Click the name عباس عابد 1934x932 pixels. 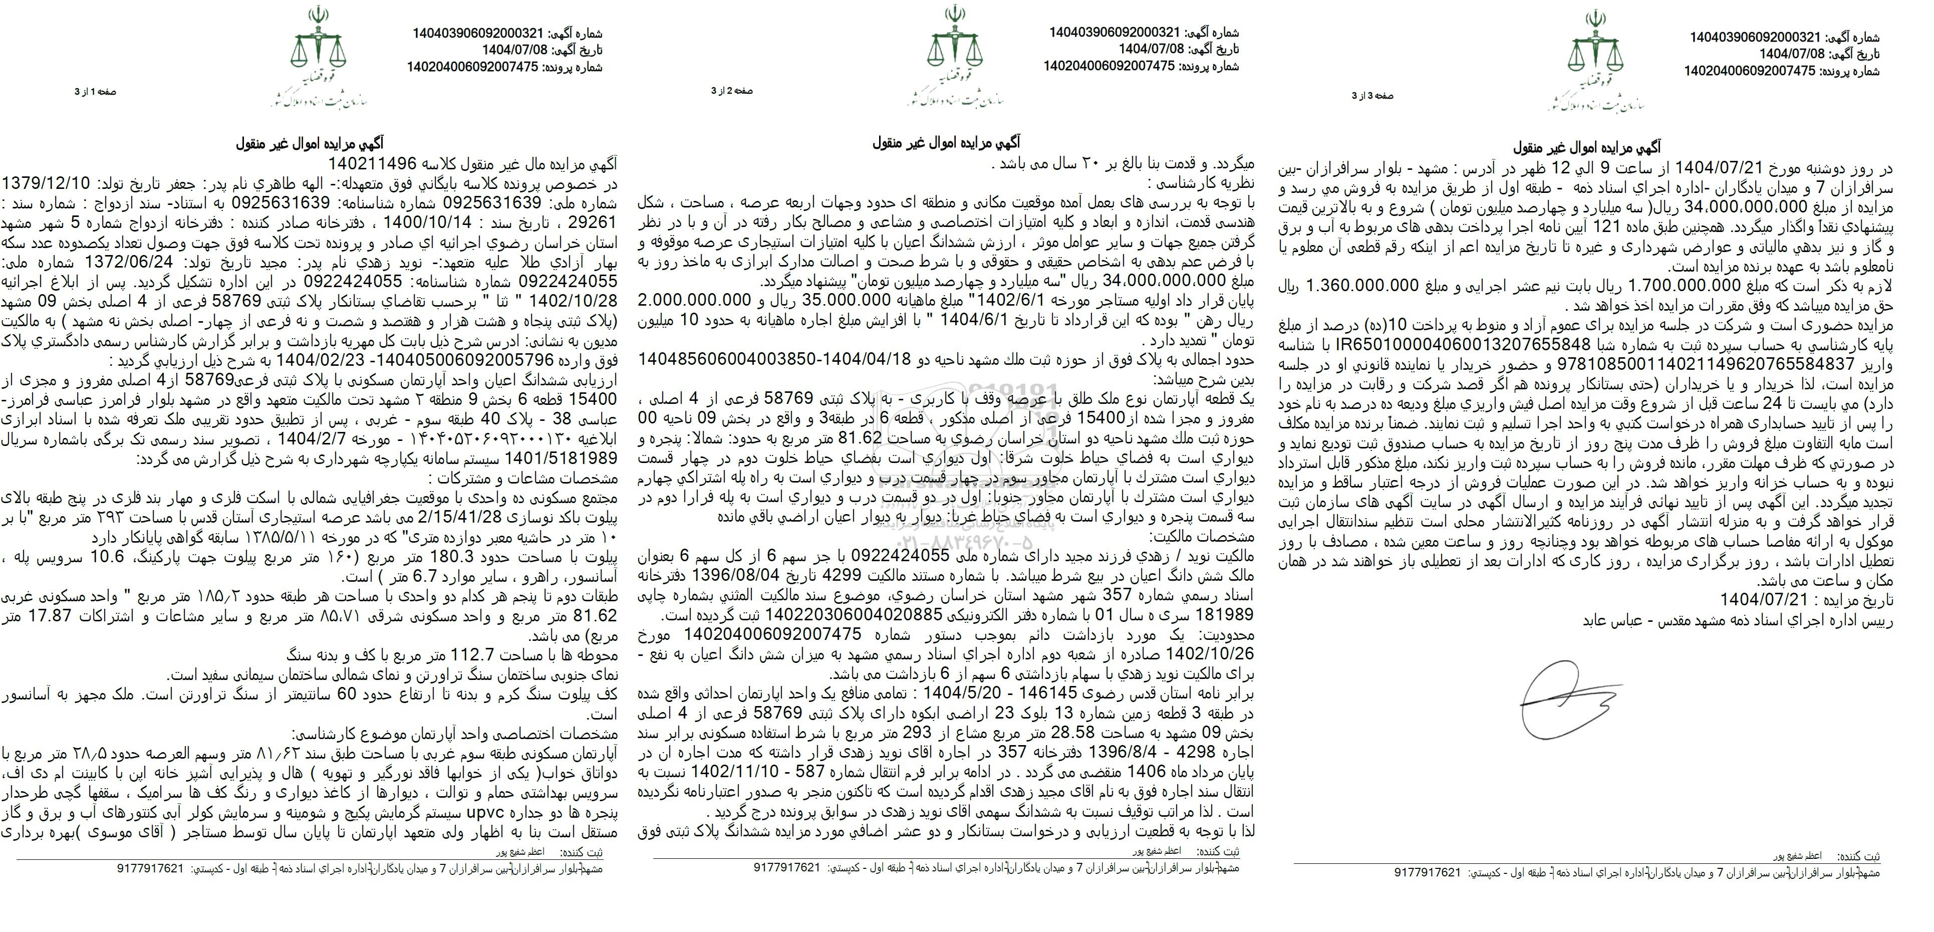point(1607,620)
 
